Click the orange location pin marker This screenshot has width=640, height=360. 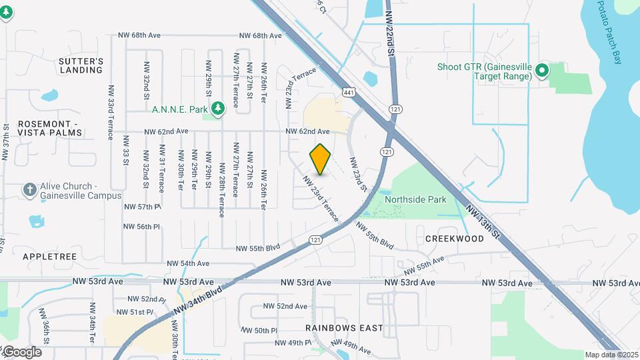pyautogui.click(x=321, y=159)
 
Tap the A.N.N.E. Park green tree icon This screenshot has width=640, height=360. pyautogui.click(x=217, y=109)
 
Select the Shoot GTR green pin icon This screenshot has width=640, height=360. pyautogui.click(x=542, y=69)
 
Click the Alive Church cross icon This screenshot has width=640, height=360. pyautogui.click(x=29, y=190)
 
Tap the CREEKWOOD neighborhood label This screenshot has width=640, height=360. pyautogui.click(x=454, y=238)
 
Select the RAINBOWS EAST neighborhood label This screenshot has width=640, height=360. pyautogui.click(x=344, y=327)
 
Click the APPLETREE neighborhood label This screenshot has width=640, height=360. pyautogui.click(x=50, y=256)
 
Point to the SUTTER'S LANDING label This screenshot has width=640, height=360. pyautogui.click(x=81, y=65)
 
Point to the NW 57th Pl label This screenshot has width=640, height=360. pyautogui.click(x=142, y=207)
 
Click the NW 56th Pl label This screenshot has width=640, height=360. pyautogui.click(x=142, y=227)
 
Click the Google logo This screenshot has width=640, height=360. pyautogui.click(x=21, y=351)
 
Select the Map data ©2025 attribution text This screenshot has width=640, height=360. pyautogui.click(x=612, y=355)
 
